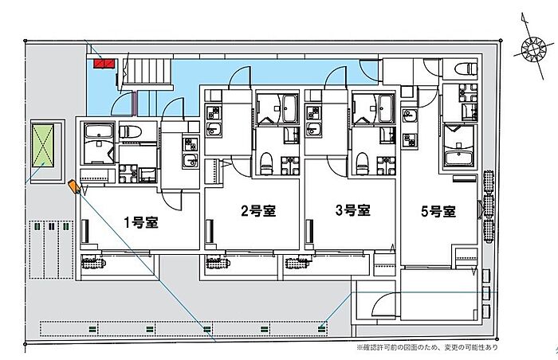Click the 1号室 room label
pyautogui.click(x=141, y=223)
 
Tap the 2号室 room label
pyautogui.click(x=258, y=211)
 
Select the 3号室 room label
pyautogui.click(x=353, y=210)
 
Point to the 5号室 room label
pyautogui.click(x=438, y=212)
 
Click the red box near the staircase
pyautogui.click(x=104, y=64)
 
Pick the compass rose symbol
pyautogui.click(x=533, y=48)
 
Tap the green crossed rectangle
pyautogui.click(x=43, y=146)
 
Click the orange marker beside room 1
pyautogui.click(x=73, y=186)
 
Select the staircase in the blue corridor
pyautogui.click(x=147, y=71)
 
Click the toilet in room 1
pyautogui.click(x=130, y=132)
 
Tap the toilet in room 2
pyautogui.click(x=265, y=163)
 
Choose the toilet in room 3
pyautogui.click(x=362, y=163)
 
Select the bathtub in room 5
pyautogui.click(x=458, y=158)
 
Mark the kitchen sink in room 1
pyautogui.click(x=191, y=161)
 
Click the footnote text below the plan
pyautogui.click(x=427, y=347)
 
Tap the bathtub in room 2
pyautogui.click(x=290, y=108)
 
